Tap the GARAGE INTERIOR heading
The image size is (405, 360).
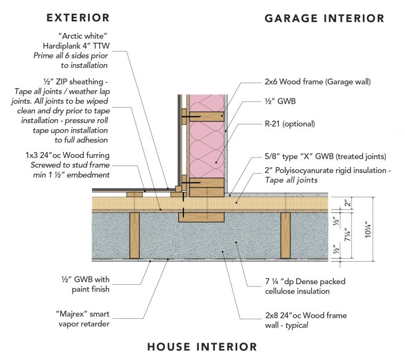tap(324, 18)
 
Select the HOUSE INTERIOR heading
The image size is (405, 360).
tap(202, 347)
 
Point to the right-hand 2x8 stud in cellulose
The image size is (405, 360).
tap(285, 234)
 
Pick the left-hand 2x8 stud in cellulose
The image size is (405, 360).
tap(135, 234)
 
